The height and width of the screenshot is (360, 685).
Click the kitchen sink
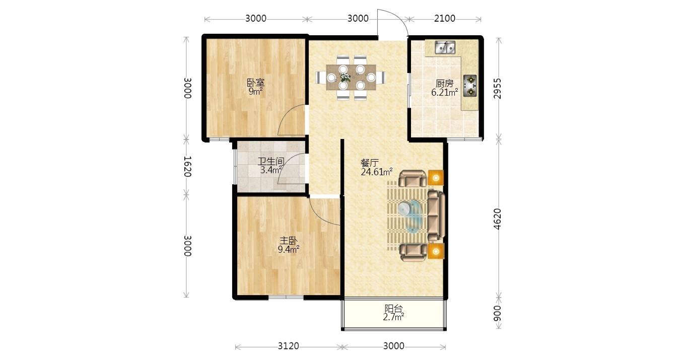(445, 47)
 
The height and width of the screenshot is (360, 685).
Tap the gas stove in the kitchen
(470, 86)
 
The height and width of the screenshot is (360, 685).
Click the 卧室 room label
(255, 83)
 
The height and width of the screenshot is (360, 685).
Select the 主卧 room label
(289, 241)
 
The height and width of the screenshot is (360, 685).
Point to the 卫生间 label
(271, 161)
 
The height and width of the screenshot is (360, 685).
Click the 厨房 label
(444, 84)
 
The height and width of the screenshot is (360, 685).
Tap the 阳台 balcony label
(393, 309)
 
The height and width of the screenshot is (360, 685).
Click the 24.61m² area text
(377, 172)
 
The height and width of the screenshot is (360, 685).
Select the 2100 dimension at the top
(445, 18)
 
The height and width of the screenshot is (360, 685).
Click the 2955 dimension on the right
(498, 89)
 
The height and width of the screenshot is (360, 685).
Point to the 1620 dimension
(187, 167)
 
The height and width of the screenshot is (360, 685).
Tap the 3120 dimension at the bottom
(289, 346)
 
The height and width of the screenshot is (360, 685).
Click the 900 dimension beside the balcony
(498, 313)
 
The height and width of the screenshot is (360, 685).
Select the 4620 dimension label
(498, 219)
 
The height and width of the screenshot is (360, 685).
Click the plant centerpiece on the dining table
(345, 77)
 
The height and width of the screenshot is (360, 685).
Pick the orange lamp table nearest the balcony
(436, 252)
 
